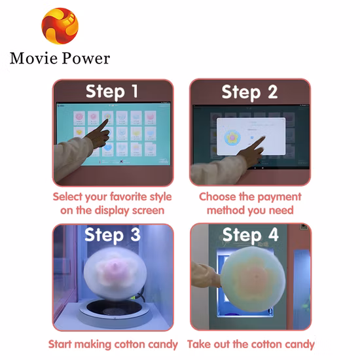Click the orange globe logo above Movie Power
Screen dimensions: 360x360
(x=60, y=26)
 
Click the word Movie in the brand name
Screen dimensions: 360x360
(x=33, y=58)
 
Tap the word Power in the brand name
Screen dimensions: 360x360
(x=86, y=58)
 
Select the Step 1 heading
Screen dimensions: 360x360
(x=113, y=92)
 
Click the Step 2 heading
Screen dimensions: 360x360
(x=249, y=92)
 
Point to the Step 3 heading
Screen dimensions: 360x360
(x=113, y=234)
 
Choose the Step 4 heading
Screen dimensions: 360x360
(x=251, y=235)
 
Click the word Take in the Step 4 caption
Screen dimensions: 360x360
(x=197, y=344)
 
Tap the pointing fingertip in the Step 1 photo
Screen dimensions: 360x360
(x=107, y=120)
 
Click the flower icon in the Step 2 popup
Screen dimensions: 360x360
(x=232, y=137)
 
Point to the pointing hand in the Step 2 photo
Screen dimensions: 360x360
(x=251, y=152)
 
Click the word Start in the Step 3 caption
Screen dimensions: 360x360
(x=60, y=344)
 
